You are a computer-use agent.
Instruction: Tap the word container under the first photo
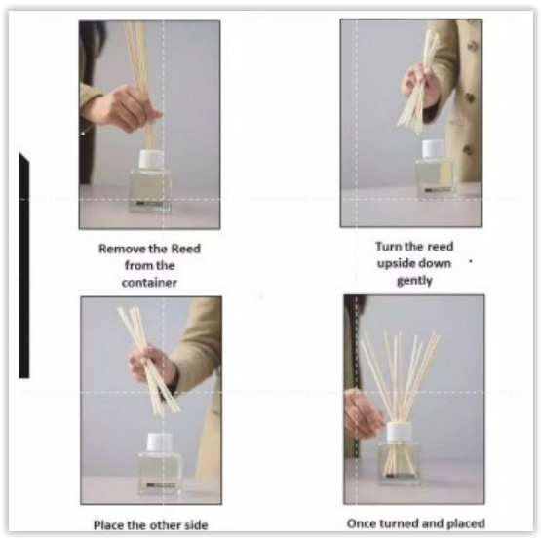[x=149, y=283]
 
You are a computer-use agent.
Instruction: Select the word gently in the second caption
[x=414, y=281]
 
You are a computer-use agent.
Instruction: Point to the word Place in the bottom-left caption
[x=109, y=525]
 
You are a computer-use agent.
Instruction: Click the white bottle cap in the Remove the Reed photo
[x=151, y=160]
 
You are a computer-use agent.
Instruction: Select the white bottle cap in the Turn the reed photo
[x=433, y=149]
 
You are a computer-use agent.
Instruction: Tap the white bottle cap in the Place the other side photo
[x=160, y=443]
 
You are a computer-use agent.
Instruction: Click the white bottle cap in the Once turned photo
[x=400, y=432]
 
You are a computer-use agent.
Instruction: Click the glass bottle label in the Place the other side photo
[x=161, y=485]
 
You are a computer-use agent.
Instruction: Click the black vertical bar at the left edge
[x=23, y=265]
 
